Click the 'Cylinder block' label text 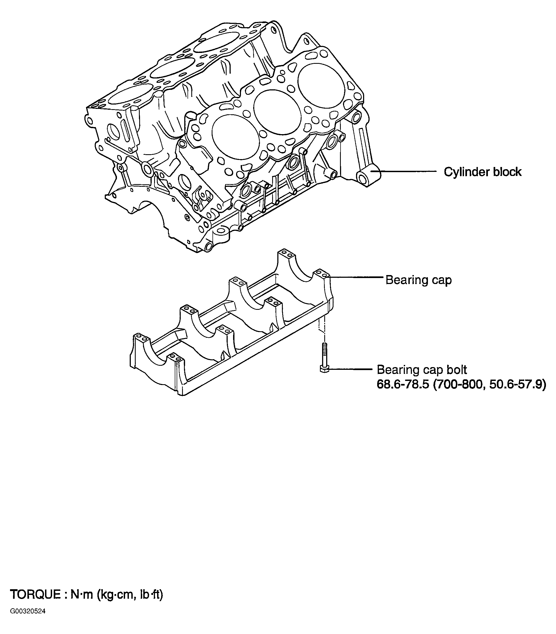[x=482, y=172]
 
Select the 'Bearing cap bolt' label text [x=421, y=370]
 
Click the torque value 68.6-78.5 [x=403, y=385]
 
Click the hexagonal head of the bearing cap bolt [x=323, y=369]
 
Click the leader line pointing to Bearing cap [x=356, y=277]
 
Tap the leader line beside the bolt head [x=350, y=369]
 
